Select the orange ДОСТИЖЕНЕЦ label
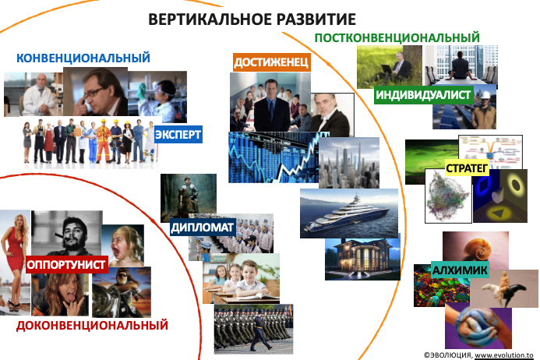click(271, 62)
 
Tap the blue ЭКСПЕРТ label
click(178, 134)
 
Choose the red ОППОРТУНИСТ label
click(66, 265)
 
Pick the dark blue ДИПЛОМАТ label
click(203, 228)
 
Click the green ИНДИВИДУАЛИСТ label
click(424, 95)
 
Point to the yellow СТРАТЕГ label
click(467, 168)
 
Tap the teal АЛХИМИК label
click(460, 270)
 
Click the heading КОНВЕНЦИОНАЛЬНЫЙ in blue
click(83, 58)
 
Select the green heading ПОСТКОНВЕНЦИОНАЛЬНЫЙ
click(397, 37)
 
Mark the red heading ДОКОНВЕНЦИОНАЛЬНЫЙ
click(92, 325)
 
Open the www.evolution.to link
click(504, 355)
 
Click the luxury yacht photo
click(349, 214)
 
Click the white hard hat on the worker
click(485, 95)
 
